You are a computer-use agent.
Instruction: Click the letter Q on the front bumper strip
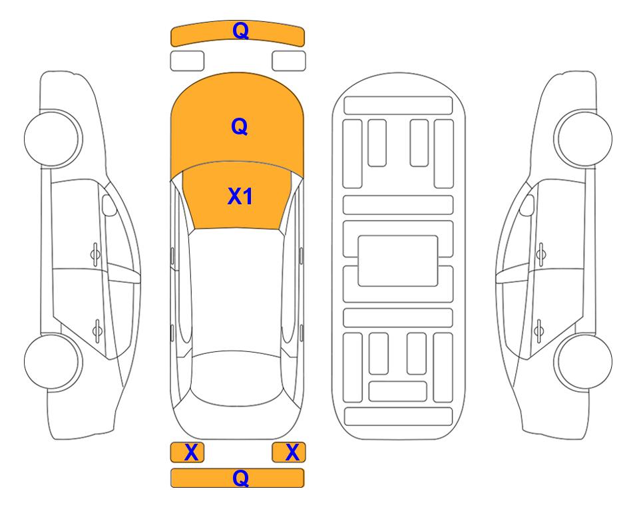(240, 31)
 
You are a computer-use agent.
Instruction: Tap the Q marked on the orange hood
(240, 126)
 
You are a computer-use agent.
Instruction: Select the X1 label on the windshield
(240, 196)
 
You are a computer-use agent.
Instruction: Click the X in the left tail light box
(191, 452)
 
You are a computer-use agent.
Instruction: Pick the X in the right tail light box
(292, 452)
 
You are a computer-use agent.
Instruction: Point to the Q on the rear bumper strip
(240, 478)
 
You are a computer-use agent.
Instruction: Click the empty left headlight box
(187, 61)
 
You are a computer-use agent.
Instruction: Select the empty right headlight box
(289, 61)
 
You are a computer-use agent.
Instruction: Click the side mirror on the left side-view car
(108, 205)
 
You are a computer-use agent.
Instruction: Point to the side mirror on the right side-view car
(527, 205)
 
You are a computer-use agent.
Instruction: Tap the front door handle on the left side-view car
(95, 254)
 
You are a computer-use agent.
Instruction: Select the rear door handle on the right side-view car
(539, 331)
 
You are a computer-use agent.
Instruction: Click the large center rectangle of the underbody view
(398, 261)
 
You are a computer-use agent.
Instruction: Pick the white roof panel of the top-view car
(237, 290)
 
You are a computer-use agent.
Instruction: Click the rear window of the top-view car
(237, 379)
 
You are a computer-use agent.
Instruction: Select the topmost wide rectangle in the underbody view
(398, 106)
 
